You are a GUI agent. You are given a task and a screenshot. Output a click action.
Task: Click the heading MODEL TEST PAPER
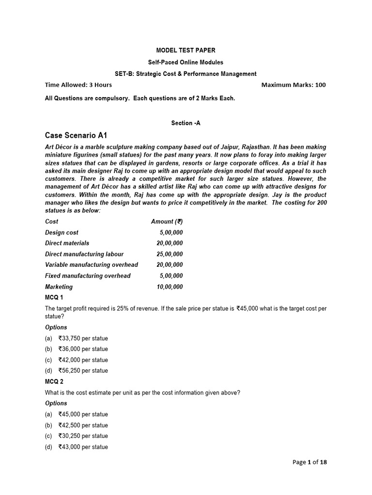186,50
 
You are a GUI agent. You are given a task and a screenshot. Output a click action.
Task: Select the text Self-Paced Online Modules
186,62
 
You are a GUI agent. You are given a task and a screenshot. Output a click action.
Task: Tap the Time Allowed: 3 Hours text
78,85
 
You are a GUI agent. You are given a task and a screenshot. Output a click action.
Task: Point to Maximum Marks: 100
294,85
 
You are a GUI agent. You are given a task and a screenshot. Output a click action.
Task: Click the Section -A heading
186,123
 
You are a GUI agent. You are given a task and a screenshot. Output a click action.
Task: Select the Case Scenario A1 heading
76,135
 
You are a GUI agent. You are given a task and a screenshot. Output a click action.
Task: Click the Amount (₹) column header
167,221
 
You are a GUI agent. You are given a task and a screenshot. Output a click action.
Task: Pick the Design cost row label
62,233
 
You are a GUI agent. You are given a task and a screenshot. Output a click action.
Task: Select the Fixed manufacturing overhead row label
88,276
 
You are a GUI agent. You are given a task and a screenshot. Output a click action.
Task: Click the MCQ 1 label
54,297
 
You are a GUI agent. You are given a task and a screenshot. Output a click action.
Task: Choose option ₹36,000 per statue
83,349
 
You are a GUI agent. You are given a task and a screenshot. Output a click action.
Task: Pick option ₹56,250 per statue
83,371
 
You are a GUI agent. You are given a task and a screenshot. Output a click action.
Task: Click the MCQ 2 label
54,382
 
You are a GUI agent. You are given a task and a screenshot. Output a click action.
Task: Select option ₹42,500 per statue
83,425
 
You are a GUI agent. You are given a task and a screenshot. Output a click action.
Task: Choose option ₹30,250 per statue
83,436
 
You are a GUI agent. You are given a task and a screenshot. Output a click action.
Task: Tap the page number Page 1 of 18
310,462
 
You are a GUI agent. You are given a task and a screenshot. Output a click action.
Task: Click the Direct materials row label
67,243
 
